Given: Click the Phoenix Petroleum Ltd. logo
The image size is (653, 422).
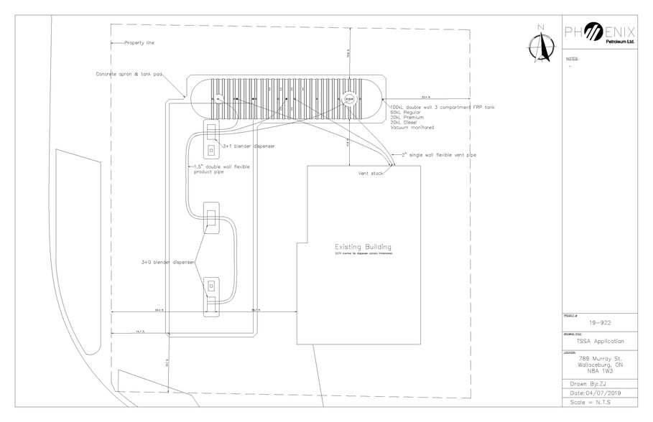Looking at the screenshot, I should tap(601, 35).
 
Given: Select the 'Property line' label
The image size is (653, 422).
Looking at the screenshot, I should tap(139, 43).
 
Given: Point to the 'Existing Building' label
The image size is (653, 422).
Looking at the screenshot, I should tap(358, 246).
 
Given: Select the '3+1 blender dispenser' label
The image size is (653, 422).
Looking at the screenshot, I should tap(249, 146).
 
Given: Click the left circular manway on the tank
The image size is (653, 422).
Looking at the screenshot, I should tap(220, 98).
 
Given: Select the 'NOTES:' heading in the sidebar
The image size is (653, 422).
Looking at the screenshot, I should tap(573, 58).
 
